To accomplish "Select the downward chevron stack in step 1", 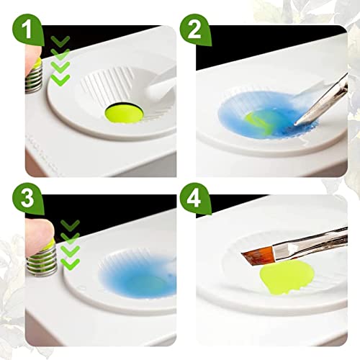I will point(62,60).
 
